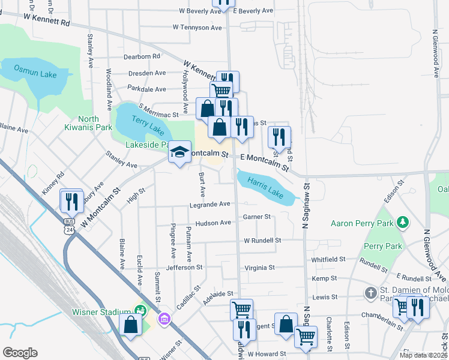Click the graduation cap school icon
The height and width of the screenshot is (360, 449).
(179, 152)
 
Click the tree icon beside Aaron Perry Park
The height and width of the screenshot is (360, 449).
(404, 223)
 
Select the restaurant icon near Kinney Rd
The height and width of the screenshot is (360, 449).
(71, 200)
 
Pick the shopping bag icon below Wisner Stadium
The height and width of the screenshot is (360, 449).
(130, 326)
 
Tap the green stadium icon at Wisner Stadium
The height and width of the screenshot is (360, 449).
(140, 311)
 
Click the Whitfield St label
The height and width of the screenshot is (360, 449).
(328, 260)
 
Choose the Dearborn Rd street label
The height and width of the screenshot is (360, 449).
(142, 56)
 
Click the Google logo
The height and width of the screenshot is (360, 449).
(20, 353)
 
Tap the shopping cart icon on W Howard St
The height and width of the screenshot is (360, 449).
(306, 337)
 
